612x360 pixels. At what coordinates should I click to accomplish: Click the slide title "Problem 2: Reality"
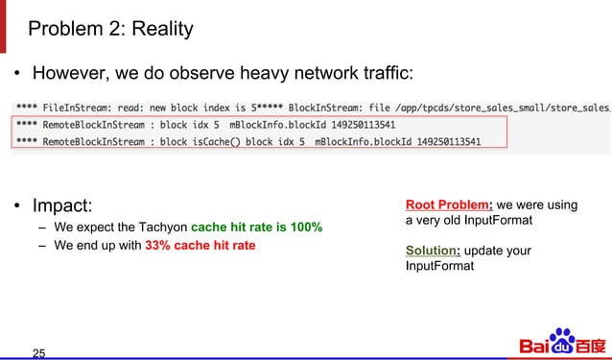(110, 29)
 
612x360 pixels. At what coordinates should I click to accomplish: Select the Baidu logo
(563, 343)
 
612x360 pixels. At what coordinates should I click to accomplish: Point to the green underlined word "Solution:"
(436, 251)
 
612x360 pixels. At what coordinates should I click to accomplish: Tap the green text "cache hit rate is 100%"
(256, 228)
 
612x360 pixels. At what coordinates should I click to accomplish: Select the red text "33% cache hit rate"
(200, 246)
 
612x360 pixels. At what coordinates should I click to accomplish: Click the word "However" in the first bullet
(69, 74)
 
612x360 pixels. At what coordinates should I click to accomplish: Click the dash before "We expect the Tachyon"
(43, 228)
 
